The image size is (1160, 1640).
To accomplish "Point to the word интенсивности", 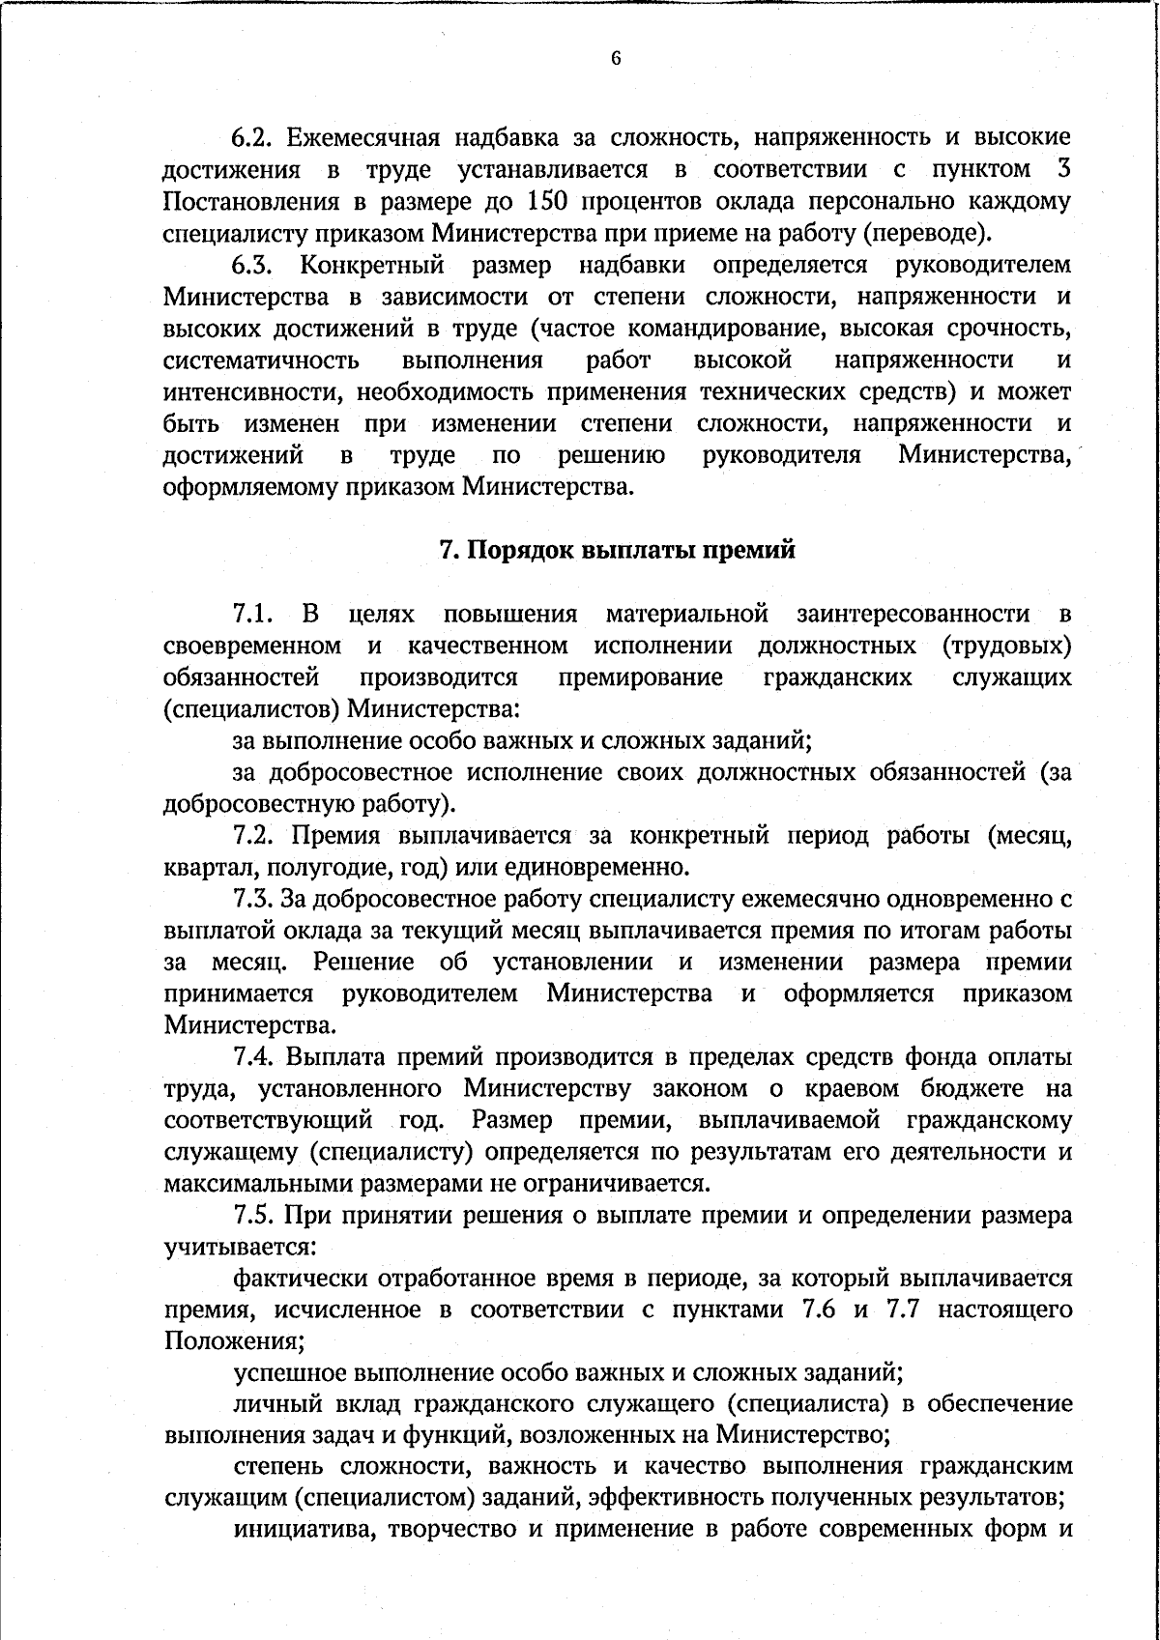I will [254, 392].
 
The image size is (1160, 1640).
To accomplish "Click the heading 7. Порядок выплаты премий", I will [618, 550].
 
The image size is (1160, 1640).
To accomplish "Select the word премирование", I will [639, 677].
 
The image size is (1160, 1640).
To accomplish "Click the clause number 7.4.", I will [256, 1057].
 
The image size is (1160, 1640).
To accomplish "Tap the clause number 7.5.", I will [256, 1216].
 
